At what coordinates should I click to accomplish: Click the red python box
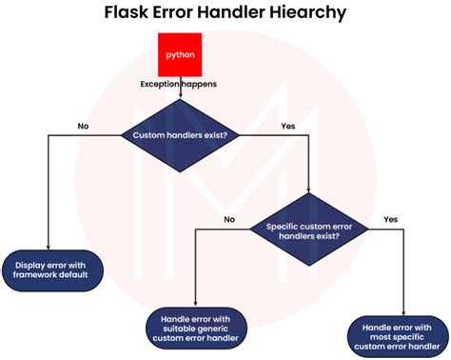[x=181, y=54]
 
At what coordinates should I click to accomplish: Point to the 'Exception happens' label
[x=179, y=85]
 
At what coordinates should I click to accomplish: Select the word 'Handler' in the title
[x=235, y=14]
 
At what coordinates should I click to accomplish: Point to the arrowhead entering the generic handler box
[x=194, y=304]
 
